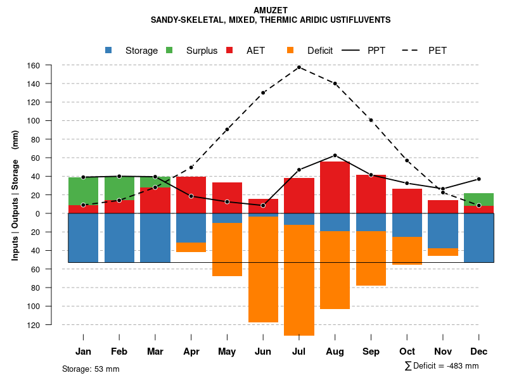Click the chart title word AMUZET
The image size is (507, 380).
click(270, 10)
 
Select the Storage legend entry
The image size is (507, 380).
click(141, 51)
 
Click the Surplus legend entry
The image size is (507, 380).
click(202, 51)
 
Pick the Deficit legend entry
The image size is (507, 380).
click(319, 51)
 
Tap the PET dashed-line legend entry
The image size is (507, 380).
click(437, 51)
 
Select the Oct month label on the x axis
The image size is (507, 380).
click(407, 351)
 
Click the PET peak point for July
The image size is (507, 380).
click(298, 67)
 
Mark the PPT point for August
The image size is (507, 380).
click(335, 155)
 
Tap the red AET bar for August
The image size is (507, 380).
click(335, 187)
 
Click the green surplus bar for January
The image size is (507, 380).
click(83, 191)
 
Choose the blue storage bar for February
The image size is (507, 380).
click(119, 237)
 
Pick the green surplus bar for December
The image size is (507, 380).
click(478, 199)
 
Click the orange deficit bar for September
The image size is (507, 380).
click(371, 258)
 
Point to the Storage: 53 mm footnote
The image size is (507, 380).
click(91, 369)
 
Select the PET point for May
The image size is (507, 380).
click(227, 129)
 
